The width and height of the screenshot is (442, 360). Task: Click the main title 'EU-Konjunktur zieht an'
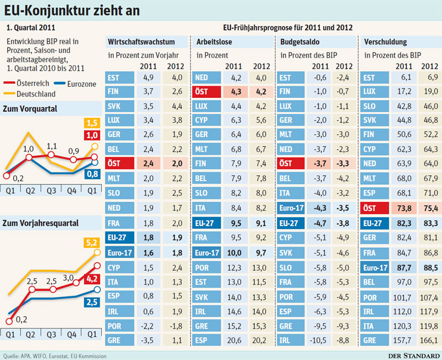72,11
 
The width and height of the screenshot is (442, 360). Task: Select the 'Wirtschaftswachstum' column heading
141,42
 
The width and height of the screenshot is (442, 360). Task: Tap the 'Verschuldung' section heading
385,42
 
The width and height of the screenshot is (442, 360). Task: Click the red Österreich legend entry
26,84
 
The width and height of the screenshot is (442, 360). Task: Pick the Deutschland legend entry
30,94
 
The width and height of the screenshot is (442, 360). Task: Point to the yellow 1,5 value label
92,123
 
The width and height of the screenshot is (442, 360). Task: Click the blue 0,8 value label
92,174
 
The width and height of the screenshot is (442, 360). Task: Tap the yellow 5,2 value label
92,243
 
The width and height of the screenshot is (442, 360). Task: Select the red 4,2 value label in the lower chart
92,279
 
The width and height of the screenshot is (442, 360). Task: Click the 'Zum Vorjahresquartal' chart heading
40,223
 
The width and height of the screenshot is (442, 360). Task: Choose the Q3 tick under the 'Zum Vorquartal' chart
51,191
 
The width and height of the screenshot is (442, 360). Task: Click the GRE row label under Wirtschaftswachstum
114,340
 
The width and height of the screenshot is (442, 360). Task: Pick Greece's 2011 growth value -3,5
148,340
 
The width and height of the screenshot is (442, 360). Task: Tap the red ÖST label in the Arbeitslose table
201,92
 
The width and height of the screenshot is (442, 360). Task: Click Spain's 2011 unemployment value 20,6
234,340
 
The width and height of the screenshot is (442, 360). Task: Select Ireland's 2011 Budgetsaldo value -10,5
318,340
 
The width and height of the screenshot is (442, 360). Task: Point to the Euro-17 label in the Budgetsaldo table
291,208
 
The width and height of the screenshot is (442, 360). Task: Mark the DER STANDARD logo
414,356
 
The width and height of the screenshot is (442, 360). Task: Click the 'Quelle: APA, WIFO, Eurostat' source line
55,356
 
